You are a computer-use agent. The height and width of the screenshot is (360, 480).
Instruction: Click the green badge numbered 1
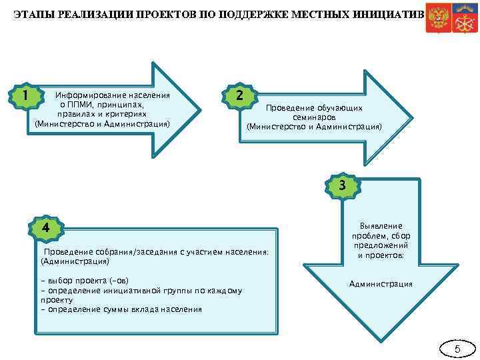(x=25, y=95)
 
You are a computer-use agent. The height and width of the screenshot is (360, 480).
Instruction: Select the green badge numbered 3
(x=341, y=185)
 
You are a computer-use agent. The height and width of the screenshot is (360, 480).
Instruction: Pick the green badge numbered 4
(x=45, y=227)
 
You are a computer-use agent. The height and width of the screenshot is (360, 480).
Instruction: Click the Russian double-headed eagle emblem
(x=438, y=17)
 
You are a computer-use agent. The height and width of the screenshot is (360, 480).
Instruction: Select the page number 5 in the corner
(x=457, y=349)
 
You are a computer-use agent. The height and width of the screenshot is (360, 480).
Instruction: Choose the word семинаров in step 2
(x=314, y=117)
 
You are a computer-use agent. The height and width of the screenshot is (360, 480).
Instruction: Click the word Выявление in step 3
(x=381, y=227)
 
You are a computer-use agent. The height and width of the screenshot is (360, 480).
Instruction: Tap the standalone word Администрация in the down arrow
(x=381, y=284)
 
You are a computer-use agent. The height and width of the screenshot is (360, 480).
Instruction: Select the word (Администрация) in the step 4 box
(x=75, y=261)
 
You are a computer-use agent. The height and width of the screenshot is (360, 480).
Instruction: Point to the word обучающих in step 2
(x=342, y=107)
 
